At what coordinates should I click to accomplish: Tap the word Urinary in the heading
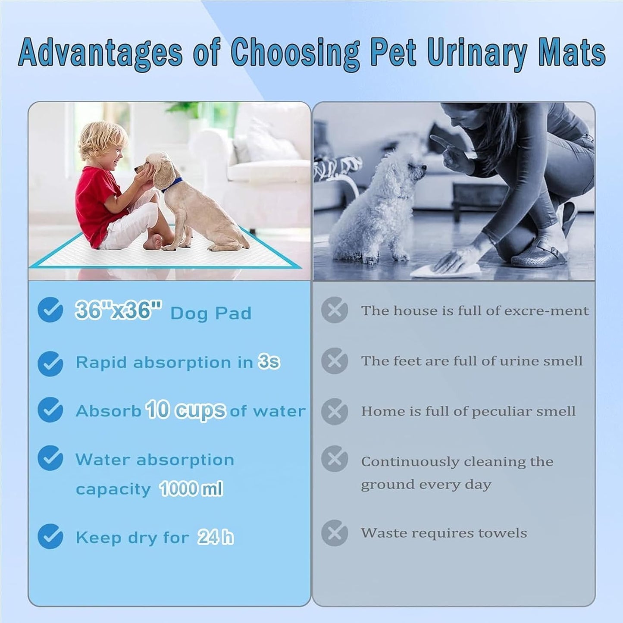(477, 53)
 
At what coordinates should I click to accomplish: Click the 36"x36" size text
(118, 310)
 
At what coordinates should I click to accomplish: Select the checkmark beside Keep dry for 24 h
(50, 536)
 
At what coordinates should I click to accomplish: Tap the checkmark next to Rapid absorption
(50, 363)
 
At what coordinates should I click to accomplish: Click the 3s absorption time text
(269, 362)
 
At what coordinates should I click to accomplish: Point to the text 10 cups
(185, 410)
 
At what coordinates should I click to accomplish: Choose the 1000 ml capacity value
(191, 488)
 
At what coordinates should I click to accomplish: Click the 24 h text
(216, 537)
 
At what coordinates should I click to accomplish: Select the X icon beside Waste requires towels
(335, 533)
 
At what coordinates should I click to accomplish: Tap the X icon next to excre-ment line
(335, 310)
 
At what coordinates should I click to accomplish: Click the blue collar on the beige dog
(172, 185)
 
